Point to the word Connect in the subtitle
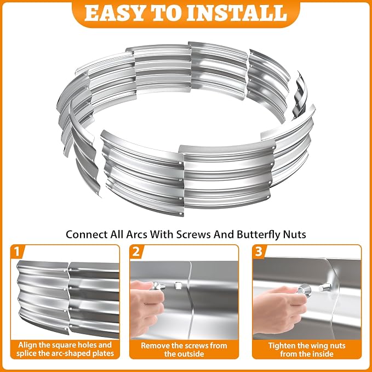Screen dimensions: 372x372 point(87,234)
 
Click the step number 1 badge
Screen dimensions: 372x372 point(17,251)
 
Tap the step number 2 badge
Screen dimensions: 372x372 point(136,251)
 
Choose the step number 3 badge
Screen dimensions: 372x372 point(259,251)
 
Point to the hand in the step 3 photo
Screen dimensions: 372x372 point(279,308)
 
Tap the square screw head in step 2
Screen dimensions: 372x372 point(178,285)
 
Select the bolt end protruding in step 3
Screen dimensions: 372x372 point(324,288)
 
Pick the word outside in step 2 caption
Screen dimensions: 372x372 point(184,354)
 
